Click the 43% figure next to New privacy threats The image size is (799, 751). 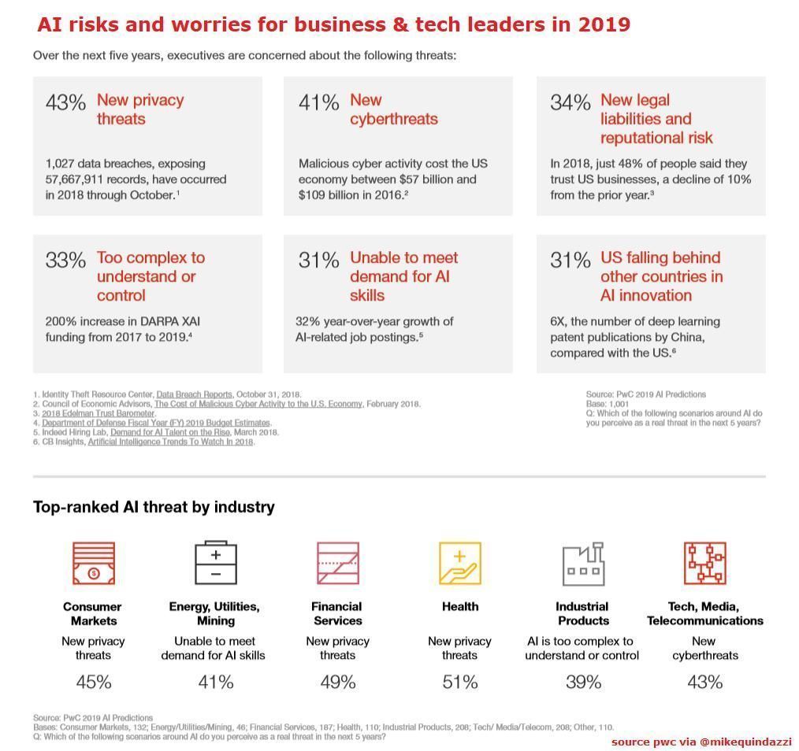(x=65, y=102)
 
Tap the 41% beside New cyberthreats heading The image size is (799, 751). (x=318, y=102)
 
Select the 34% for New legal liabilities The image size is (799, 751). (x=570, y=102)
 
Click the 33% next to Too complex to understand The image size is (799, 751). (x=65, y=261)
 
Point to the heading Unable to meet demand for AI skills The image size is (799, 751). (x=403, y=276)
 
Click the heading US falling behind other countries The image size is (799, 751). (x=660, y=276)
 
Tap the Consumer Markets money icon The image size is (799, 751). (x=93, y=563)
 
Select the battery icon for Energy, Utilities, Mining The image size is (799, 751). (x=215, y=563)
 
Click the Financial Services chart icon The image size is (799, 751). (x=337, y=563)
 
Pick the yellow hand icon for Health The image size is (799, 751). (x=459, y=563)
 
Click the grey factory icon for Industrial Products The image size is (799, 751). (x=583, y=563)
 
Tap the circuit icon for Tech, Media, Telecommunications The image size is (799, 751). (x=704, y=563)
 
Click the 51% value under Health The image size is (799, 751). (x=459, y=682)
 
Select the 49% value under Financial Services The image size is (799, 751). (x=337, y=682)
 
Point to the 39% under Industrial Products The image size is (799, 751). (x=583, y=682)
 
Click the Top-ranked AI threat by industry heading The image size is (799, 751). (x=154, y=507)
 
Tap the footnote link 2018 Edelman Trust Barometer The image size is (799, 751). (x=98, y=413)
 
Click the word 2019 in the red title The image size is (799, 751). (x=604, y=24)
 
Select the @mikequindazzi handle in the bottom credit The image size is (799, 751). (x=745, y=742)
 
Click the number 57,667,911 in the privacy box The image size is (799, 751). (x=81, y=179)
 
